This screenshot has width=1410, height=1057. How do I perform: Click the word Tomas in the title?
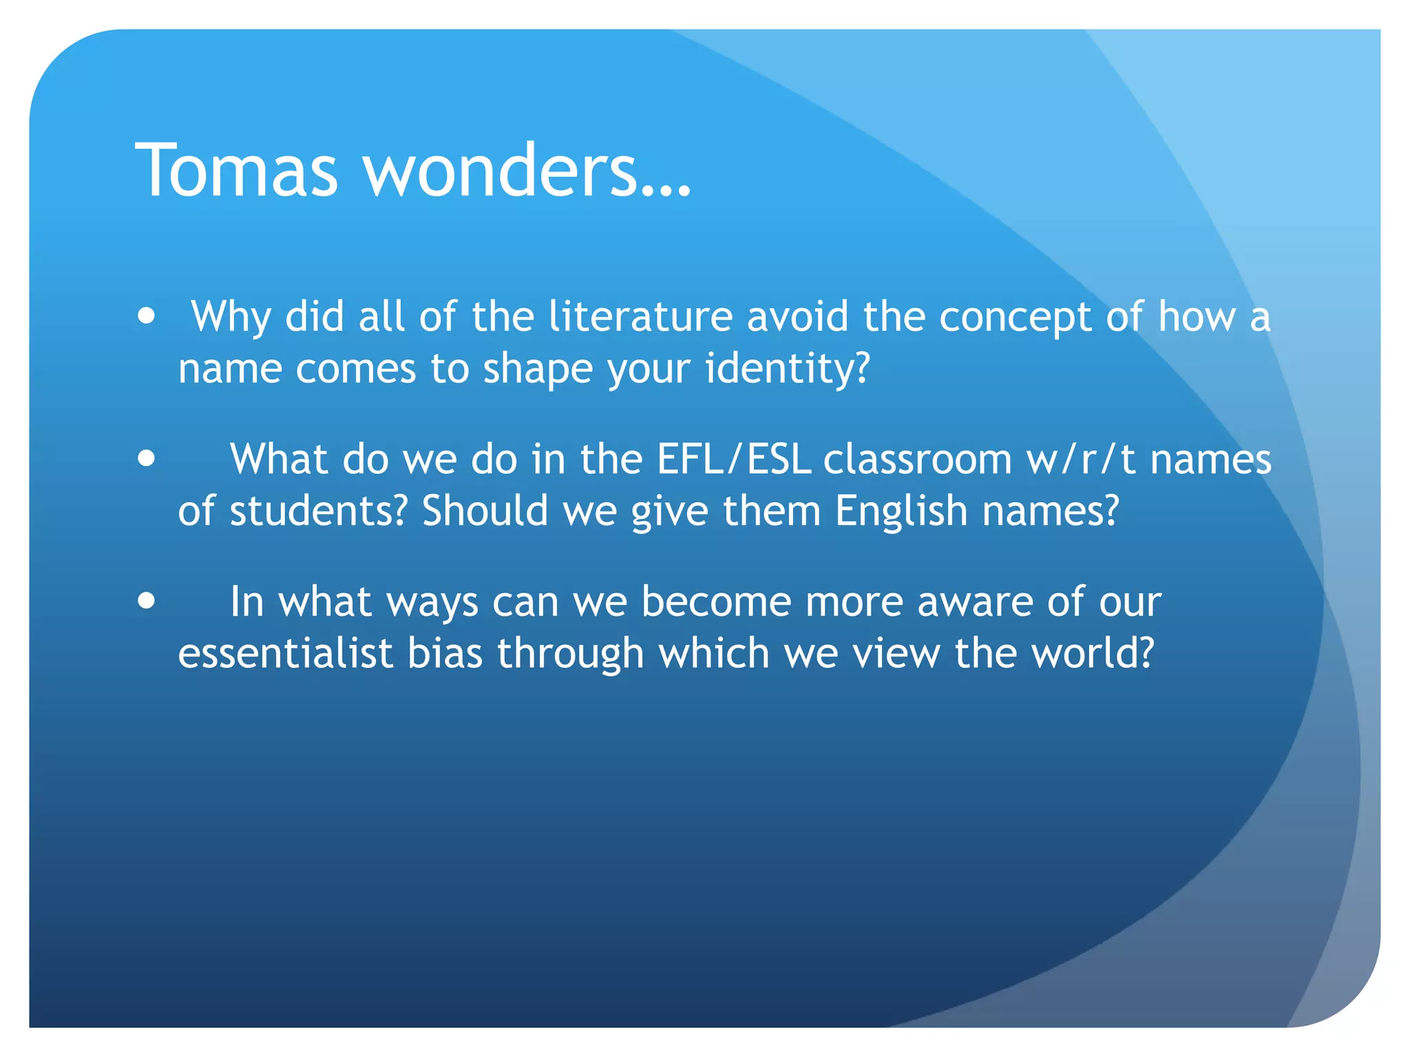236,170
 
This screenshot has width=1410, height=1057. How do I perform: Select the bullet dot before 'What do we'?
146,458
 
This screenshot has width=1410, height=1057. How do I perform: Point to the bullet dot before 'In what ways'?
146,600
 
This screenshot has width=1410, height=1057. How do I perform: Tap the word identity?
788,369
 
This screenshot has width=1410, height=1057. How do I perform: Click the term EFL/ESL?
734,459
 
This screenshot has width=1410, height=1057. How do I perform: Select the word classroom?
917,459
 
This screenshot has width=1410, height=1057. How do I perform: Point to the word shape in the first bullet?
537,370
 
